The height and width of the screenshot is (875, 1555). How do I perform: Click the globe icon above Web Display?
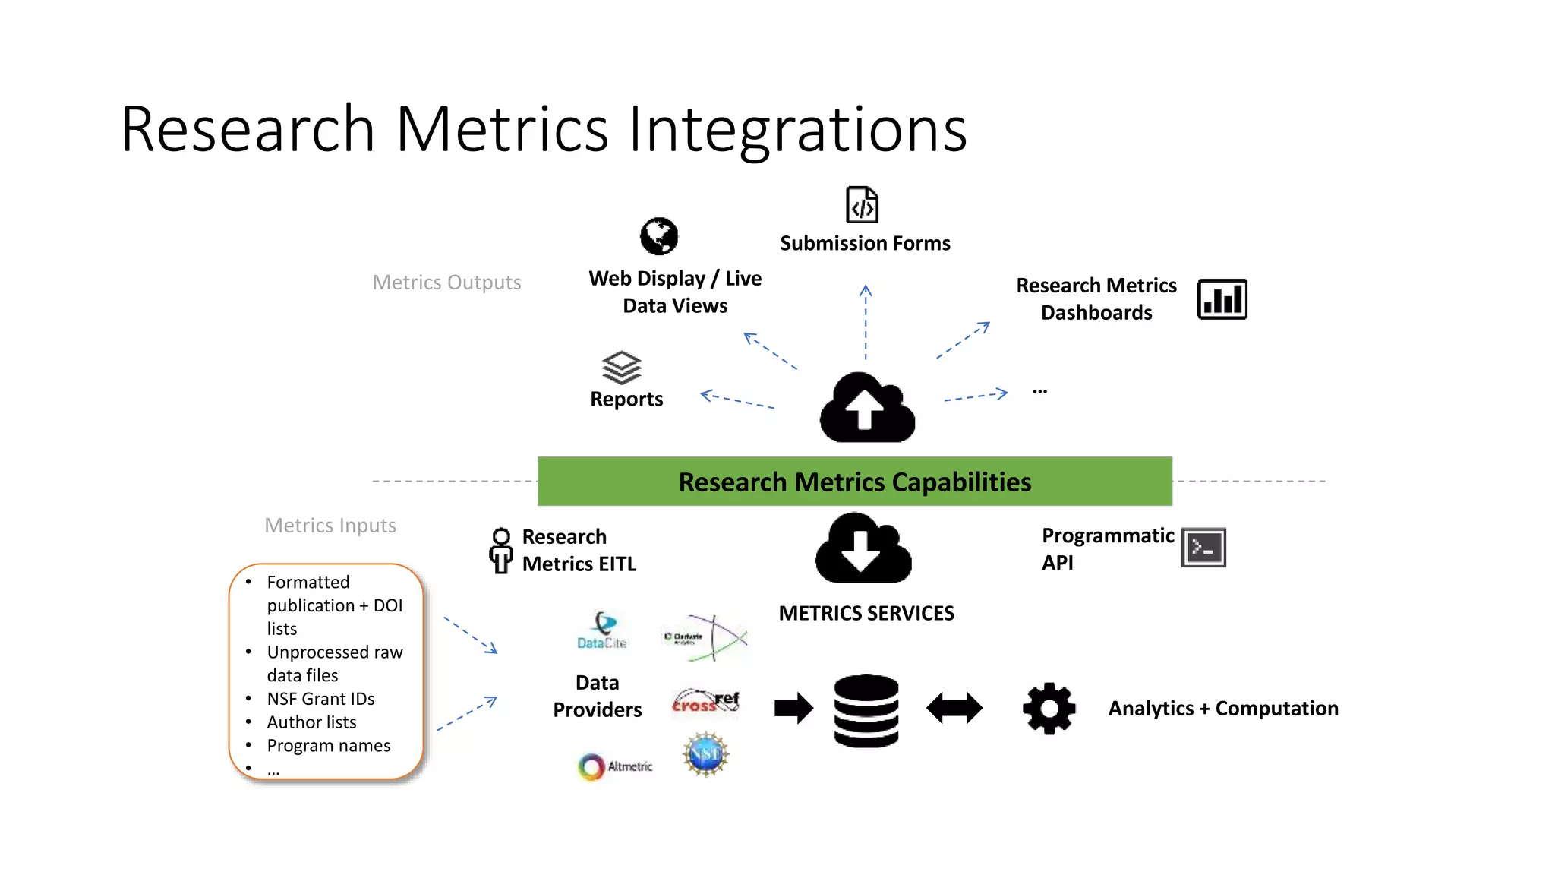click(658, 236)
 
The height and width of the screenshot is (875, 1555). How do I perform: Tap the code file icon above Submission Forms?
click(862, 205)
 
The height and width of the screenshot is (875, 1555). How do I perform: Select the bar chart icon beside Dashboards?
click(1222, 299)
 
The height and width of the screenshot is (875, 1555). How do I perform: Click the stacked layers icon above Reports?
click(622, 368)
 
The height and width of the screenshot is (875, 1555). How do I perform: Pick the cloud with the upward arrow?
click(867, 408)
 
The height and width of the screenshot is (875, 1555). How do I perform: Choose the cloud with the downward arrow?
click(863, 548)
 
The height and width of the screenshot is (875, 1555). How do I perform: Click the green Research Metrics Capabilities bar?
click(854, 482)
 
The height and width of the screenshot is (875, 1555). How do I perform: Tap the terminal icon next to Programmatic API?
click(1203, 548)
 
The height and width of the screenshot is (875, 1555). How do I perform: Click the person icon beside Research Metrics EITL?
click(500, 550)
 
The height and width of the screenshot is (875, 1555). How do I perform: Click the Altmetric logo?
click(614, 766)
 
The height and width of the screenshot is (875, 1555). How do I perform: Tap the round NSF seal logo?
click(705, 754)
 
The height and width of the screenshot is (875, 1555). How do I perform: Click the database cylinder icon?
click(866, 710)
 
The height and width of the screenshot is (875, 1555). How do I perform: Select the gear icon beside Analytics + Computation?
click(1049, 709)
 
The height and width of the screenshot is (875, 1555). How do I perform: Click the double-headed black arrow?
click(954, 708)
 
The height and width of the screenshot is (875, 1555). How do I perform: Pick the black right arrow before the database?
click(793, 709)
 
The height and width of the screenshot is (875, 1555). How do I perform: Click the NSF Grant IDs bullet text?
click(320, 699)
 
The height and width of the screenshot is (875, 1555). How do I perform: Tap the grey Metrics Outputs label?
click(446, 283)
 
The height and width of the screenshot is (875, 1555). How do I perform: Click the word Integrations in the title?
click(797, 129)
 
